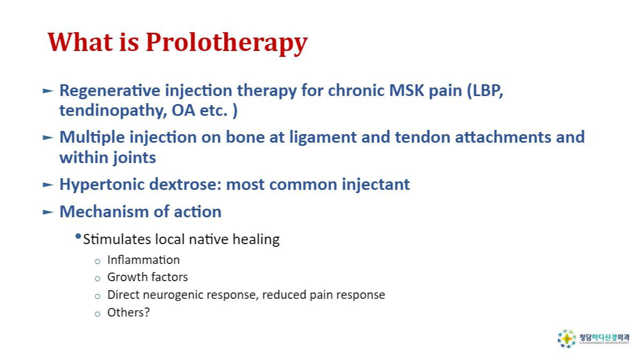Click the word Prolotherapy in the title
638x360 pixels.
tap(227, 43)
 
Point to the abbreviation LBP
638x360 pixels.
tap(485, 91)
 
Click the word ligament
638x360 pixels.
tap(323, 138)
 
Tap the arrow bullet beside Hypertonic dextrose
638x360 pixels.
tap(48, 185)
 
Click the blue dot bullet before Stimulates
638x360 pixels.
tap(78, 237)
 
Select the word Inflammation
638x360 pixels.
tap(143, 260)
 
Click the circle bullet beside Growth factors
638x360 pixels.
tap(97, 279)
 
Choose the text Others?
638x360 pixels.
tap(129, 312)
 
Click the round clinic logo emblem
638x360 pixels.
tap(567, 339)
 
